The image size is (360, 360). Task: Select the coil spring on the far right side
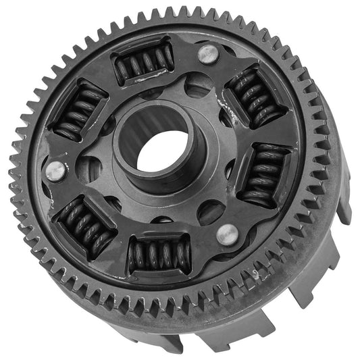(264, 175)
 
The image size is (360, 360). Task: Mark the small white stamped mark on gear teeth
(255, 274)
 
